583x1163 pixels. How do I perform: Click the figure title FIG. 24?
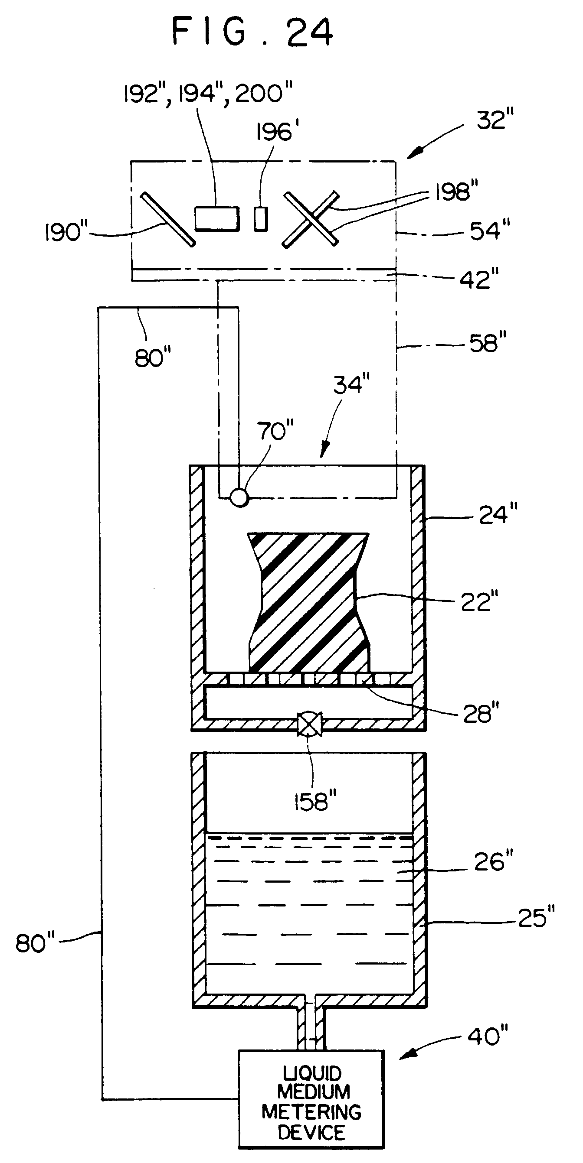(x=252, y=32)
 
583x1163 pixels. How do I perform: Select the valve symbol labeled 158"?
(x=310, y=724)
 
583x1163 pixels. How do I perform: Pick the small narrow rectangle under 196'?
(x=261, y=219)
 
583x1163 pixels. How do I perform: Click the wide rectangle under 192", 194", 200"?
(x=217, y=218)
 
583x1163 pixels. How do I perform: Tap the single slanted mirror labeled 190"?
(x=168, y=219)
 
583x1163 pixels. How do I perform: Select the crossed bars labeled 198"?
(x=311, y=219)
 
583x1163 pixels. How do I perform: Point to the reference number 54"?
(x=490, y=230)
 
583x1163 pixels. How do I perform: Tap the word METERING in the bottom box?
(x=311, y=1111)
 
